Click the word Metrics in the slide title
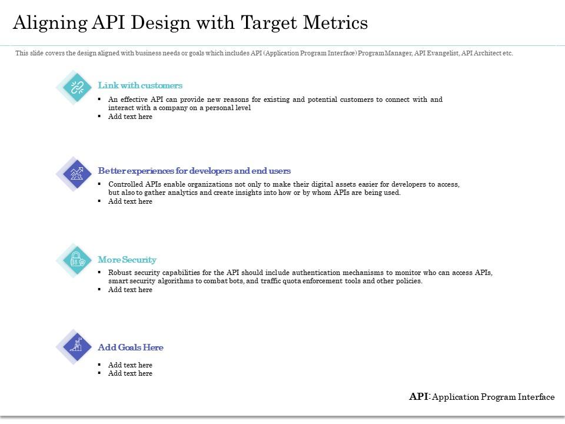click(335, 22)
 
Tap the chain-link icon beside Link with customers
click(77, 88)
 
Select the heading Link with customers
click(140, 85)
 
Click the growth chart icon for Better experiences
click(77, 173)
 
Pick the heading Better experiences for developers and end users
click(194, 171)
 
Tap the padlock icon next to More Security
click(77, 260)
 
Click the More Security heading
click(127, 260)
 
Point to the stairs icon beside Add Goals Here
click(77, 346)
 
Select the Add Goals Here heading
click(131, 347)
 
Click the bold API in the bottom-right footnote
click(418, 397)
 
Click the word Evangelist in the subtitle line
click(441, 53)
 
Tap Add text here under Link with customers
click(130, 117)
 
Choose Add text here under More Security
click(130, 290)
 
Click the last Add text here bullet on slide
click(130, 373)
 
